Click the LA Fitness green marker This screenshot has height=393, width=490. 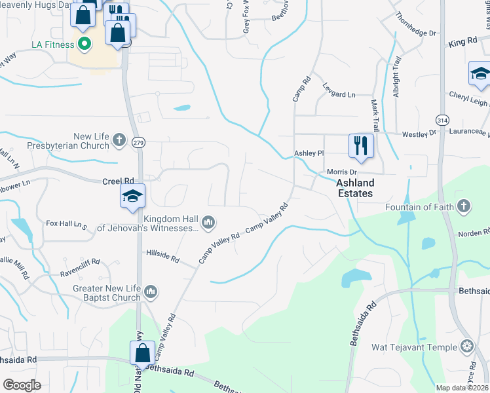pyautogui.click(x=84, y=45)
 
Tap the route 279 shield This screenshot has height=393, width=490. pyautogui.click(x=139, y=142)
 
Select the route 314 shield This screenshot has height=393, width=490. pyautogui.click(x=443, y=119)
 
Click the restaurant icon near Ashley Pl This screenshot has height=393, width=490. pyautogui.click(x=360, y=145)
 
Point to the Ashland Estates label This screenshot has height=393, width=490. pyautogui.click(x=355, y=188)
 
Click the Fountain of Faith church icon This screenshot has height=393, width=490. pyautogui.click(x=464, y=207)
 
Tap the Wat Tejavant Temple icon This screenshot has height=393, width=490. pyautogui.click(x=467, y=346)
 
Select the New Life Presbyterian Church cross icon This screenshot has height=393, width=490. pyautogui.click(x=119, y=140)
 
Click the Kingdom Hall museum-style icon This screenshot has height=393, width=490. pyautogui.click(x=208, y=223)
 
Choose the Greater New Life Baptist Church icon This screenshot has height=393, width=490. pyautogui.click(x=151, y=291)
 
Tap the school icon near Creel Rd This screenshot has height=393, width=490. pyautogui.click(x=132, y=196)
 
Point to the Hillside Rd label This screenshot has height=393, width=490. pyautogui.click(x=162, y=255)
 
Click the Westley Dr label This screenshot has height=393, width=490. pyautogui.click(x=419, y=133)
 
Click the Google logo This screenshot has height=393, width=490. pyautogui.click(x=22, y=385)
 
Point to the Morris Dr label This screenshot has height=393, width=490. pyautogui.click(x=340, y=172)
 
